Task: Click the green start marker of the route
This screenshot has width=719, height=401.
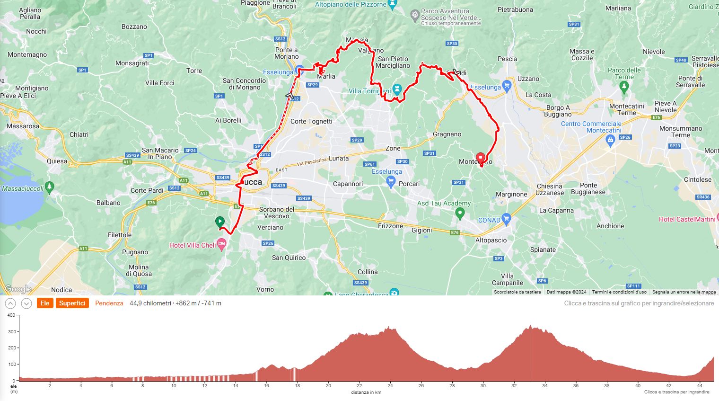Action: pos(219,222)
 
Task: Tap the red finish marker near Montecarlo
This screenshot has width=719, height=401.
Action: pos(481,158)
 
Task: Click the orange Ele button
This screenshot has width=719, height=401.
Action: pos(45,303)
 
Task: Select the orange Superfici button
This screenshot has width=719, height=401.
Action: pos(72,303)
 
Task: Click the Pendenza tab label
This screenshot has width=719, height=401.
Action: pos(109,303)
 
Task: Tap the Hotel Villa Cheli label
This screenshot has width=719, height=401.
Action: pos(193,245)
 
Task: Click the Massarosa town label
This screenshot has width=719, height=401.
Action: pos(23,126)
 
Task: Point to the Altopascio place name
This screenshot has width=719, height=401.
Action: pos(491,240)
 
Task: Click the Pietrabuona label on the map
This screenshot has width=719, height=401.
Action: pos(515,9)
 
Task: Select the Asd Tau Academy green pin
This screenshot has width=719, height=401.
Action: pos(460,214)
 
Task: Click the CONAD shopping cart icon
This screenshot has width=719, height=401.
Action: pos(507,219)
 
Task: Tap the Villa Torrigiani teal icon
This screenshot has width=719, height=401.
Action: pos(397,89)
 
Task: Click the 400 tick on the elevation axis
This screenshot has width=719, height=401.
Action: pos(11,315)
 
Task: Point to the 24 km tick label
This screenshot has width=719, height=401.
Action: pos(390,385)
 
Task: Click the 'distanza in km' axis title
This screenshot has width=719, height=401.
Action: pos(366,392)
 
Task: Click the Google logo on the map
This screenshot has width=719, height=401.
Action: pos(18,289)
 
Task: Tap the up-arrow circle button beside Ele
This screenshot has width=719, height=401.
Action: pos(10,303)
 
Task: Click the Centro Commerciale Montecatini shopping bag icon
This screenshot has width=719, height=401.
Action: pos(610,140)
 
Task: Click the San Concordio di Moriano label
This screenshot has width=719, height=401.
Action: pos(244,84)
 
